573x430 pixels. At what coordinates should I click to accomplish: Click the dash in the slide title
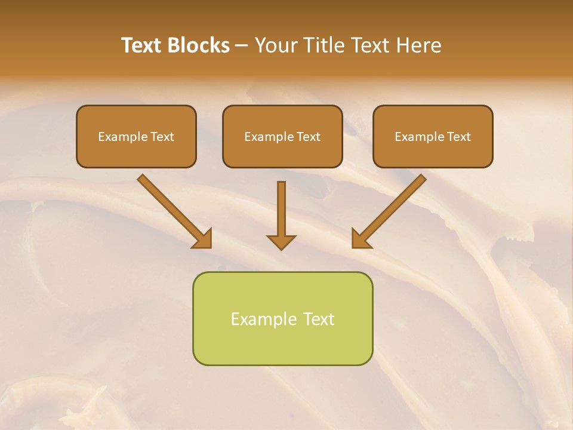[x=242, y=46]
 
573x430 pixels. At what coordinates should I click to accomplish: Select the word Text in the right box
[x=458, y=137]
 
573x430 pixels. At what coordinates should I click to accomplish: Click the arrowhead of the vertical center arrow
[x=281, y=242]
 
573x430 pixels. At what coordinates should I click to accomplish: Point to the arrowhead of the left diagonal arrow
[x=203, y=238]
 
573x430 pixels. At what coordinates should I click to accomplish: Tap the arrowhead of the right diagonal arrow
[x=361, y=238]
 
